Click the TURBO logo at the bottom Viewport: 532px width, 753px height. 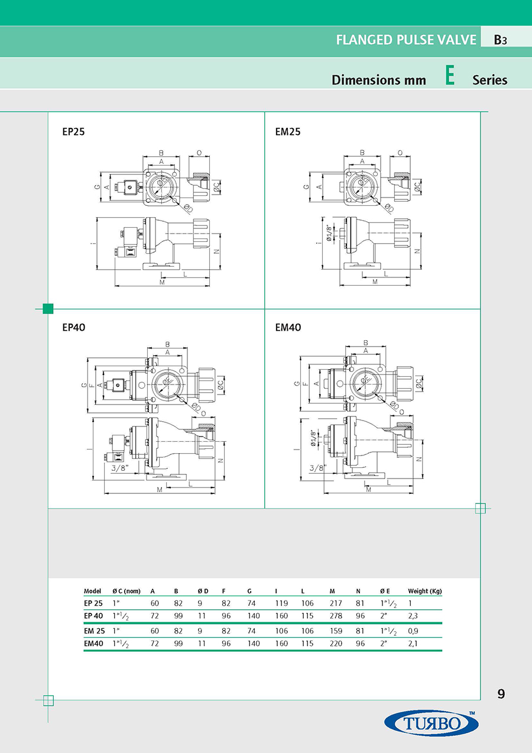[431, 723]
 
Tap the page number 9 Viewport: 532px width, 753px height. [501, 694]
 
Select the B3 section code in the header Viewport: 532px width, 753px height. [501, 40]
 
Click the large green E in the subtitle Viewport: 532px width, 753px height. [450, 77]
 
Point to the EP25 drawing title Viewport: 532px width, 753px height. [74, 132]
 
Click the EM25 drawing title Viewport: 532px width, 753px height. [288, 132]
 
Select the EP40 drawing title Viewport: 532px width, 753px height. [74, 327]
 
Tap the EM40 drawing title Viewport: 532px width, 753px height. [288, 327]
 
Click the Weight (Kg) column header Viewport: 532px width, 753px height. [424, 591]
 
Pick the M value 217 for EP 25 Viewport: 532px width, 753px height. [336, 603]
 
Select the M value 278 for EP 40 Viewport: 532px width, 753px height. [336, 616]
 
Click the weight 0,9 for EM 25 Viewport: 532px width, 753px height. [413, 631]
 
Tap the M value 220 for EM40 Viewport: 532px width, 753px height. [336, 644]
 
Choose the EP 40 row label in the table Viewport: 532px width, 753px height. [93, 616]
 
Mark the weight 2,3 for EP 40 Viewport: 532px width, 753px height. [413, 616]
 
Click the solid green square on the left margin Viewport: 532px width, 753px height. [48, 308]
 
